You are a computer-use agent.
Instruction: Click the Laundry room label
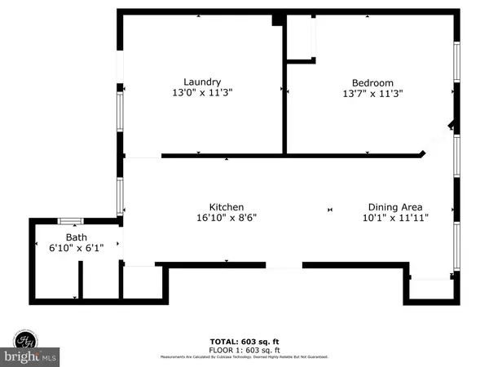202,82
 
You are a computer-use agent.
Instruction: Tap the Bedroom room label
372,82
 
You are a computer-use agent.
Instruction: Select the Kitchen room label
226,207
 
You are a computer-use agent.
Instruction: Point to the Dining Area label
394,207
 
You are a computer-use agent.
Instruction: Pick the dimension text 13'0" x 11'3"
202,93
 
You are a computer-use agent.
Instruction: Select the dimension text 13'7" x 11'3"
372,94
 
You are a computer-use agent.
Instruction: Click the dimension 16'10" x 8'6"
226,219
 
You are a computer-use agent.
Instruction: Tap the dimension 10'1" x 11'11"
394,219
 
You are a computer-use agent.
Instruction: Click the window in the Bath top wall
71,220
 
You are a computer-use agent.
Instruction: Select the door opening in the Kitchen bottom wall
284,265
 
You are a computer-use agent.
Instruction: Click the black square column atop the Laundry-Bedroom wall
278,18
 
